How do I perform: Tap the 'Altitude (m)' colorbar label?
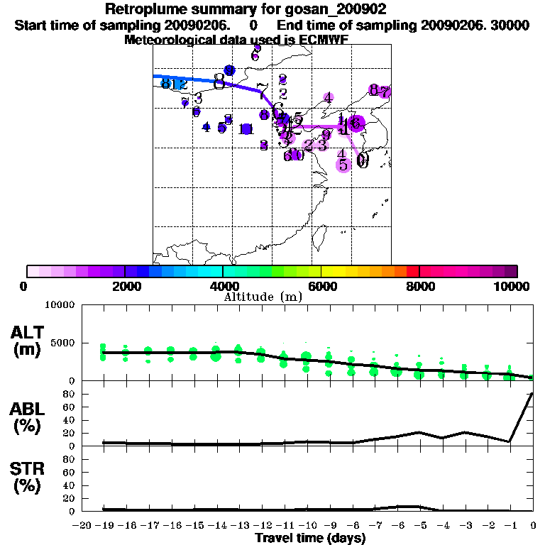tap(263, 296)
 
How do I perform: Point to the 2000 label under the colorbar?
tap(125, 286)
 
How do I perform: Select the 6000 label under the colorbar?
tap(321, 286)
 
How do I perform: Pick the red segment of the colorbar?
tap(412, 271)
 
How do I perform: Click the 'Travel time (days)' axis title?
tap(310, 538)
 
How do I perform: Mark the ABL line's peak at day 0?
tap(532, 393)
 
